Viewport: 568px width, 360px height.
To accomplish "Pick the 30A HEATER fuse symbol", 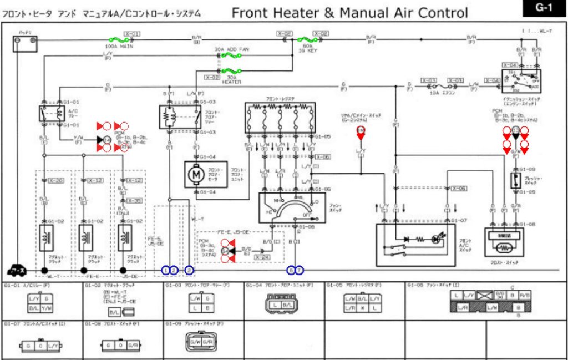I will (x=231, y=71).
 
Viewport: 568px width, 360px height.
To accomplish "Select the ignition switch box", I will (x=521, y=81).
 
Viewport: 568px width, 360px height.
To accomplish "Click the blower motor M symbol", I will (x=196, y=174).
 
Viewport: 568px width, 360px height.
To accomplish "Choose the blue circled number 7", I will (x=300, y=270).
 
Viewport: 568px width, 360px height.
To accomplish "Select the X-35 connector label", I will (x=135, y=200).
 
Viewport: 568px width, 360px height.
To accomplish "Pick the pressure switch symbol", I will (x=515, y=179).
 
